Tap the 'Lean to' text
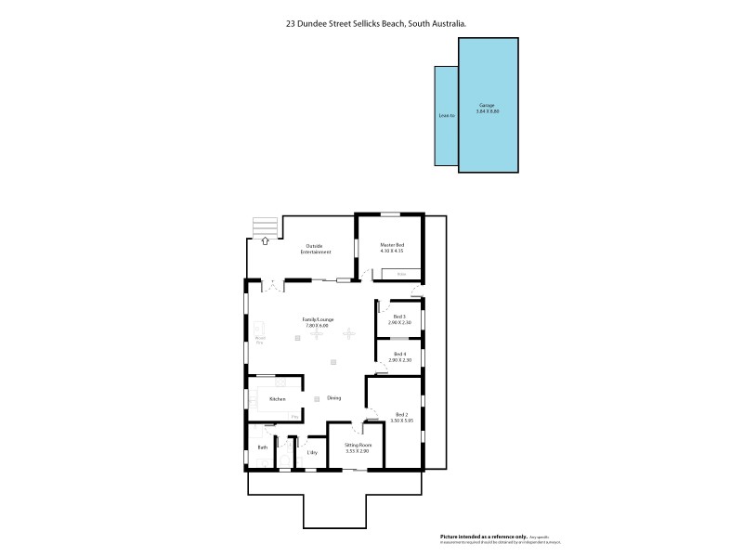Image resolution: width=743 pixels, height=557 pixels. pos(446,115)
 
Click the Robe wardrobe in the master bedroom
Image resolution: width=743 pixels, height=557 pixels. pos(400,274)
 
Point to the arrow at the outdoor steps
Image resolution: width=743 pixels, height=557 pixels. pos(265,240)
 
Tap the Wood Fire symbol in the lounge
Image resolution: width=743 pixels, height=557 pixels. pos(260,330)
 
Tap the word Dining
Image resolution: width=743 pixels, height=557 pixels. pos(333,398)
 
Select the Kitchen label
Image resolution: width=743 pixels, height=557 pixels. pos(277,399)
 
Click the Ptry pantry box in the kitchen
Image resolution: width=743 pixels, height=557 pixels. pos(294,417)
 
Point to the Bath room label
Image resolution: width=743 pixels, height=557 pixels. pos(261,447)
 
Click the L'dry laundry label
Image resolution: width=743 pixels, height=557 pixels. pos(313,452)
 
